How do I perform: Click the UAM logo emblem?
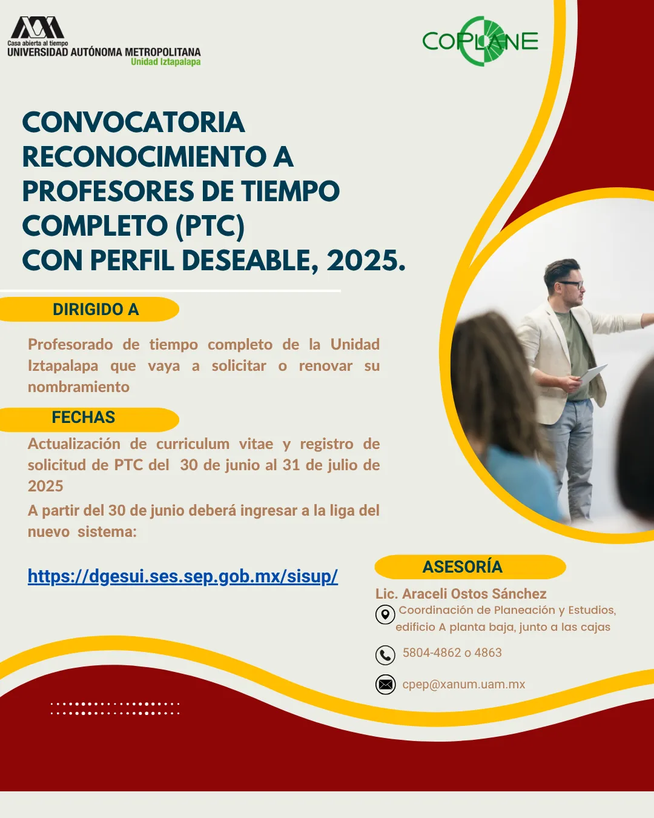[37, 27]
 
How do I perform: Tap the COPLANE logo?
[480, 41]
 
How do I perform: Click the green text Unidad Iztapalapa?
[166, 62]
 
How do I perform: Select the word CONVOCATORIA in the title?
[133, 122]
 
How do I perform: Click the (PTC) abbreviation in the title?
[210, 227]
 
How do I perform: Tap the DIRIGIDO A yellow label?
[89, 310]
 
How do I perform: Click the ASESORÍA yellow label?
[470, 567]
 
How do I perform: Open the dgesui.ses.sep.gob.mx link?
[183, 576]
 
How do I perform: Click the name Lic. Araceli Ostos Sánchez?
[461, 594]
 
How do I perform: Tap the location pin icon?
[385, 614]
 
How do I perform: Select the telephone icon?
[385, 655]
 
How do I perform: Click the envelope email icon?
[385, 685]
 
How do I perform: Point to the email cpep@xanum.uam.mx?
[464, 684]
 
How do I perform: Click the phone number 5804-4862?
[432, 653]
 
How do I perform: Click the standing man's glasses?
[571, 284]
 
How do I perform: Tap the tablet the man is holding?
[593, 374]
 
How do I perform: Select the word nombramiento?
[79, 387]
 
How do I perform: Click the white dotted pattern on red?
[115, 709]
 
